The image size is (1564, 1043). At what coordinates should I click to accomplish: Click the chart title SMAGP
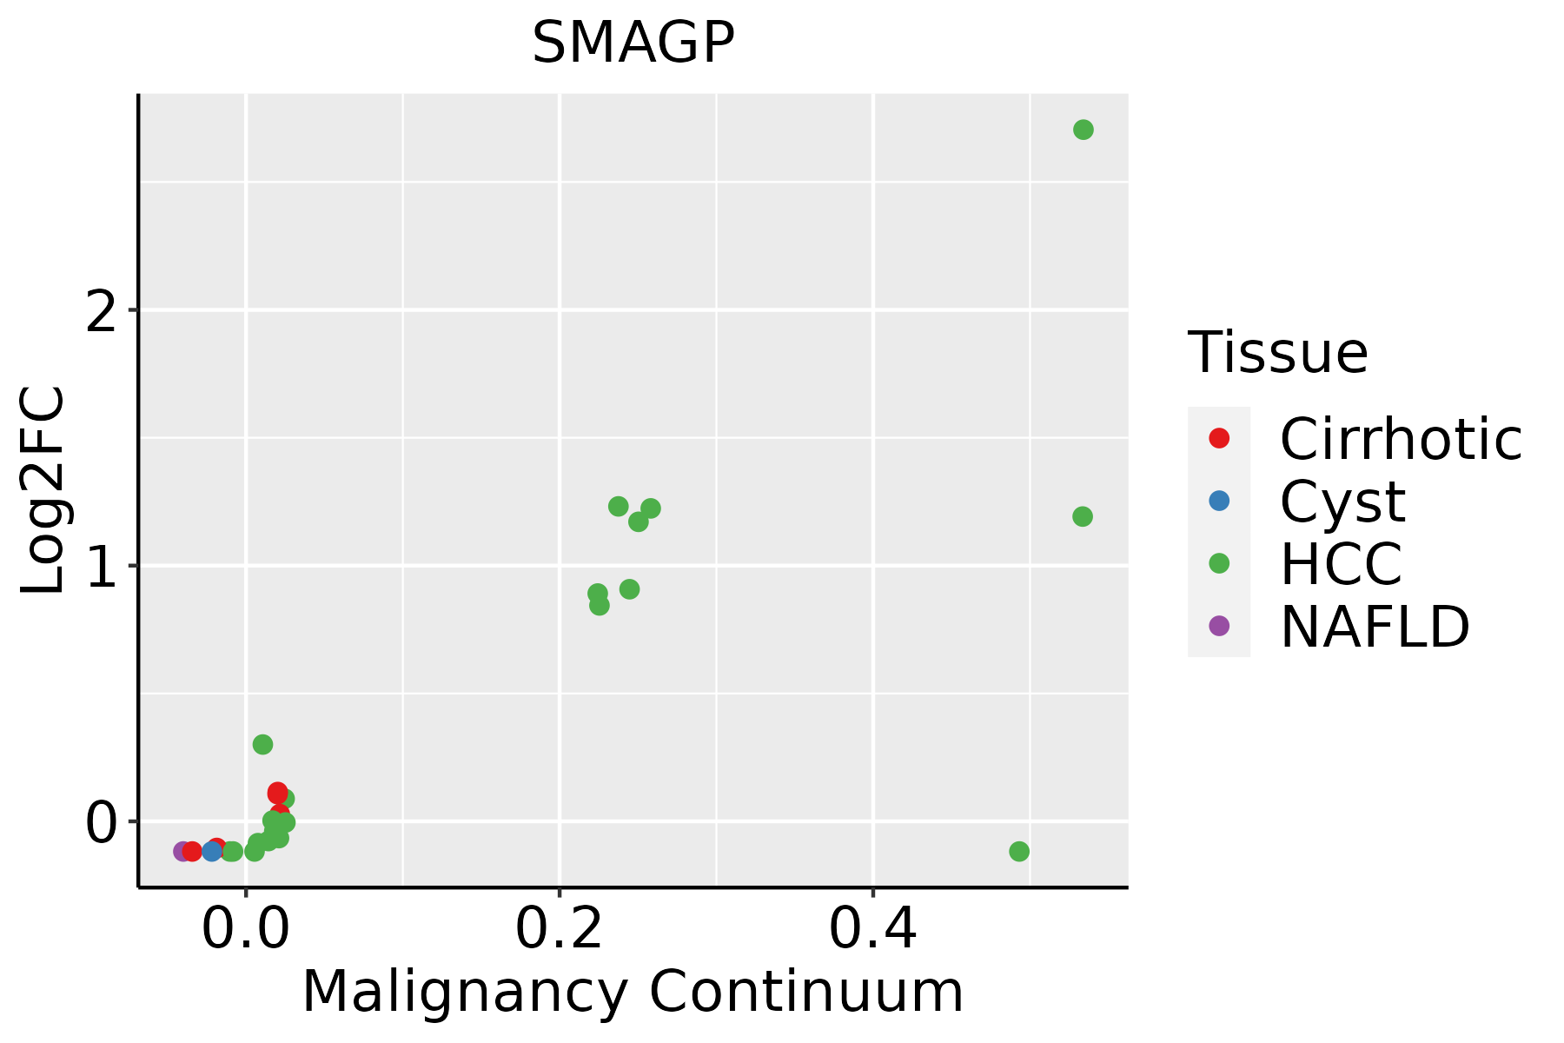633,43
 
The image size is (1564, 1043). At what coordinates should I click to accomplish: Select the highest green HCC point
1083,130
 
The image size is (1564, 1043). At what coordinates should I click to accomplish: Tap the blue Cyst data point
212,851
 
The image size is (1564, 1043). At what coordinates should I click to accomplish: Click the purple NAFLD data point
182,851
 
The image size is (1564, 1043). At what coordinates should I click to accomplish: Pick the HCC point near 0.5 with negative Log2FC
1019,851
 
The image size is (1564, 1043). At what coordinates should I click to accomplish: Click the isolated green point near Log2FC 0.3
262,744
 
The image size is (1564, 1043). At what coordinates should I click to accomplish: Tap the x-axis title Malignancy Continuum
633,992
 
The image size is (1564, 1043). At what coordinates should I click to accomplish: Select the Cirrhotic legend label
1401,439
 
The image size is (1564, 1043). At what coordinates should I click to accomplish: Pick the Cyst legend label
1342,502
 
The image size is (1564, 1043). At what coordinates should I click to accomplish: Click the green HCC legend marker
1219,563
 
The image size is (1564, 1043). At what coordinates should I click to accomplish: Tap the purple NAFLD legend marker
1219,625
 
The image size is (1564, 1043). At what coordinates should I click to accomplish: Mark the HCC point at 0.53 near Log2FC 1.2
1082,516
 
